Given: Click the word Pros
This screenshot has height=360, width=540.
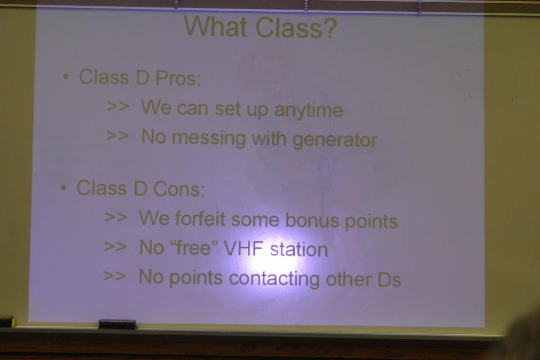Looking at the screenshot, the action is (x=177, y=78).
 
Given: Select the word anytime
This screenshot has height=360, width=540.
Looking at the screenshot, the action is (x=308, y=111).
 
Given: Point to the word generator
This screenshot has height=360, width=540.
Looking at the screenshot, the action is (x=335, y=140).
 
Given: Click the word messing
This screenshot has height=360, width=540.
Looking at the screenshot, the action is (x=208, y=138).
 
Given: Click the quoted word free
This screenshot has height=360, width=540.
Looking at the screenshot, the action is (x=194, y=247).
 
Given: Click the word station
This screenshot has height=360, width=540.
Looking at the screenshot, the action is (x=299, y=249).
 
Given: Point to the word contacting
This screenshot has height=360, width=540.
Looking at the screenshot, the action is (x=274, y=278).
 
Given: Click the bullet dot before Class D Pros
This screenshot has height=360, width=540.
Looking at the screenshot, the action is (x=66, y=76).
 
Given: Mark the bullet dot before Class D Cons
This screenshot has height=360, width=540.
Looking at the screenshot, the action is (x=64, y=188).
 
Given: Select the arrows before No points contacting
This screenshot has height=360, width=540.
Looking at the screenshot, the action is (x=115, y=276).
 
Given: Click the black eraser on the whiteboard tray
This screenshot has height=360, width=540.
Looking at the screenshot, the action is (x=117, y=324).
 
